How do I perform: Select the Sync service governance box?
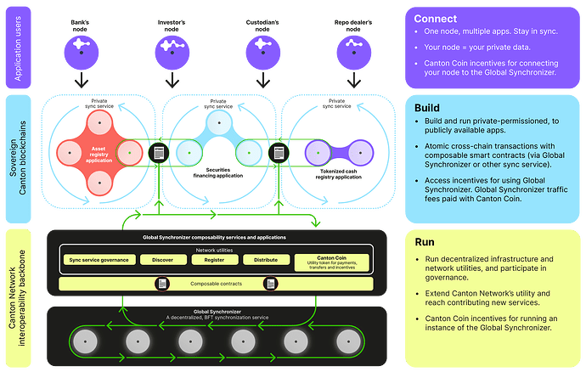click(99, 260)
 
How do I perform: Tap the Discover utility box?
click(162, 260)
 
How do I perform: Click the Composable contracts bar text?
click(214, 283)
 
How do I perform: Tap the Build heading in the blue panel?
click(428, 110)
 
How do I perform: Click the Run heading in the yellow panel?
click(425, 241)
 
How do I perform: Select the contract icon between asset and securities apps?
click(158, 152)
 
